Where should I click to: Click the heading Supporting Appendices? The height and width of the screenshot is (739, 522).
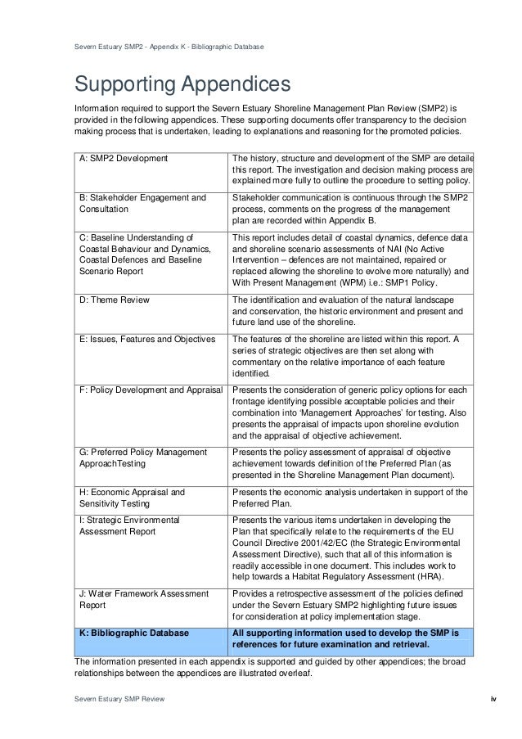coord(182,85)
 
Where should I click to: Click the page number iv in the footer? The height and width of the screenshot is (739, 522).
coord(493,698)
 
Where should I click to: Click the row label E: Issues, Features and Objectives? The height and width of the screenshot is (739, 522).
coord(147,339)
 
